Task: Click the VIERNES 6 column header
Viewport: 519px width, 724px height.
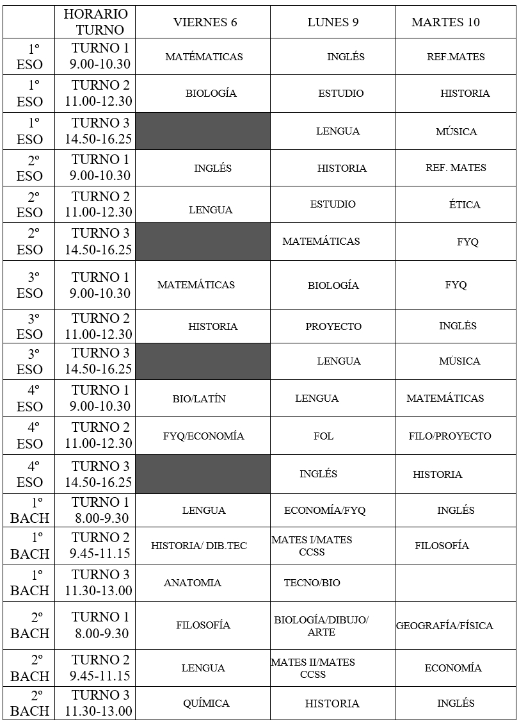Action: pos(205,22)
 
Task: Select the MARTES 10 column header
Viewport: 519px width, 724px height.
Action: pos(445,22)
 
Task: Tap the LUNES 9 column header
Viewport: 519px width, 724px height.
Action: pos(333,22)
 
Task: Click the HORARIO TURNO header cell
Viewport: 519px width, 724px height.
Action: pos(95,22)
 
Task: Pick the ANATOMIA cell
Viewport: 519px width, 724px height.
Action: pos(193,583)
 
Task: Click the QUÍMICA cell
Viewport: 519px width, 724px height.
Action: pos(206,703)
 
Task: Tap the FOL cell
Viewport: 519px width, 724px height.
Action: pos(323,436)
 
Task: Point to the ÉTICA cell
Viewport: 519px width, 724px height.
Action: pos(465,205)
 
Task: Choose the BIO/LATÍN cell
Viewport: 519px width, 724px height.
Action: pos(199,399)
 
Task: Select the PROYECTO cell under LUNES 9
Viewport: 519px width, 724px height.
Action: pos(333,327)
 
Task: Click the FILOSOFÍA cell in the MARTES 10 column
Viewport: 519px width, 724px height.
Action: pos(442,546)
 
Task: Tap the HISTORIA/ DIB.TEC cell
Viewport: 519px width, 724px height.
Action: pos(199,546)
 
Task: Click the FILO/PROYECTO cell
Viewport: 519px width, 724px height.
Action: pos(450,436)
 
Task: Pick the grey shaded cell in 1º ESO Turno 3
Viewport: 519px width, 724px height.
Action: pos(203,131)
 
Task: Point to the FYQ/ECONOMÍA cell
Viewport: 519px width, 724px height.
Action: pos(204,436)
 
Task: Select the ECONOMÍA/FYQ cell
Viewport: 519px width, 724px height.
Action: pos(325,511)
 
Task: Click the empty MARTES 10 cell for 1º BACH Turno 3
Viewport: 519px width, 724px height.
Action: pos(455,583)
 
